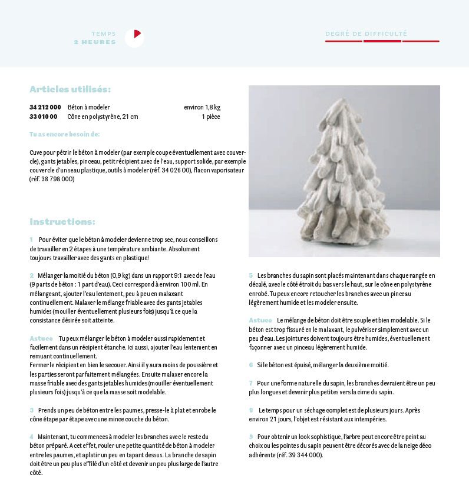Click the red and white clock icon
point(134,38)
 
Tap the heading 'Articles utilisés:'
point(70,89)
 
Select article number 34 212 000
point(45,107)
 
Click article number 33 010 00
point(44,117)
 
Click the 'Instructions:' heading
point(62,222)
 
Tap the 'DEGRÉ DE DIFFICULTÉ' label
point(366,34)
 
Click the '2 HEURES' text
point(95,42)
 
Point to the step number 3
point(32,410)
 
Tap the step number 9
point(250,437)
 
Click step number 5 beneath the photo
point(250,275)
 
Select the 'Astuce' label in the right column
point(260,320)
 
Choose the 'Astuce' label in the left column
point(41,338)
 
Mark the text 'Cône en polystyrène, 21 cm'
point(103,117)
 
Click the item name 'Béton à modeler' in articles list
point(89,107)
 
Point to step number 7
point(250,383)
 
